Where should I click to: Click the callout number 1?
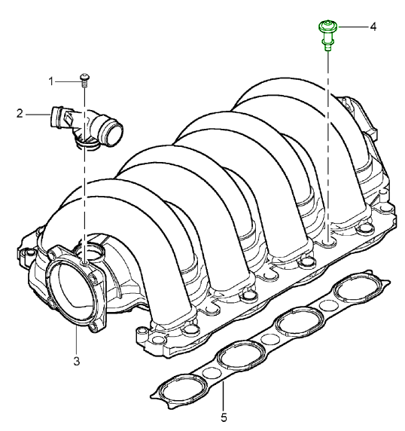point(52,81)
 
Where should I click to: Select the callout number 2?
point(20,114)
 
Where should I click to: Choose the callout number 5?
point(222,416)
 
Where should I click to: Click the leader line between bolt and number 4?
point(352,27)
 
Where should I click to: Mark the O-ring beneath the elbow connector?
point(89,148)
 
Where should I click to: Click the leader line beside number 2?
point(37,114)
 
